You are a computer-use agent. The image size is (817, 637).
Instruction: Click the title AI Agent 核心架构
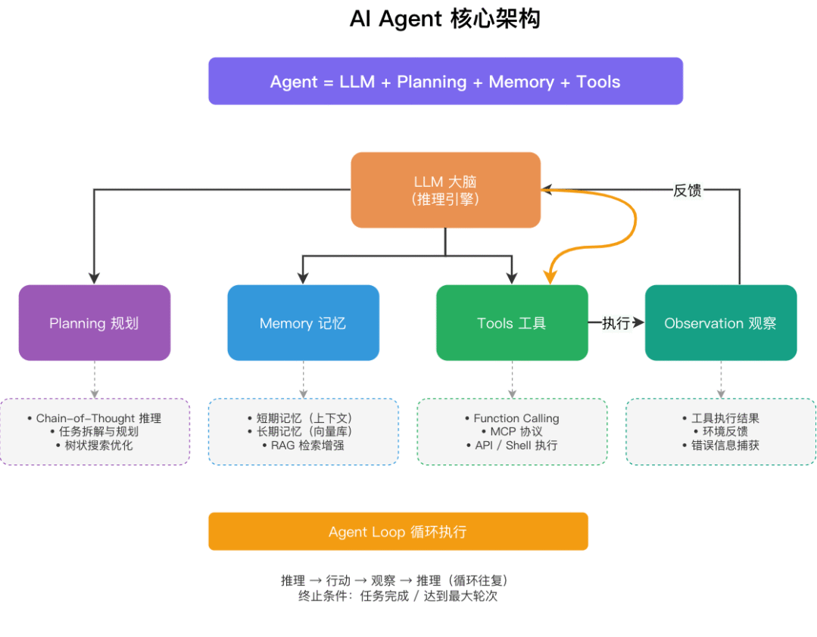click(444, 19)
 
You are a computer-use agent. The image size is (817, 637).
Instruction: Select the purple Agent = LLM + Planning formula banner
click(445, 81)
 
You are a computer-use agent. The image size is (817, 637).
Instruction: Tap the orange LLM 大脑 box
click(445, 190)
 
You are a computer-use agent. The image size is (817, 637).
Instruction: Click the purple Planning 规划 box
click(94, 323)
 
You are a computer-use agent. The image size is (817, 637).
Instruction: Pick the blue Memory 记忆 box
click(303, 323)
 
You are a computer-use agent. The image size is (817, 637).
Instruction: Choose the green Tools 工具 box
click(512, 323)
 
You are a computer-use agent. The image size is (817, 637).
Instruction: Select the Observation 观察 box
click(720, 323)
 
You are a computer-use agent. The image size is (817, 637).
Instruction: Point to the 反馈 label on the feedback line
click(687, 191)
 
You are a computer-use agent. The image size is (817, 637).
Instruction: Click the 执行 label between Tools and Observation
click(616, 323)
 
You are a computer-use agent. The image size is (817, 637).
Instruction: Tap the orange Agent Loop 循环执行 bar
click(398, 532)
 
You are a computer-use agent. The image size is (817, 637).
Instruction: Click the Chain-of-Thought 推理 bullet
click(98, 418)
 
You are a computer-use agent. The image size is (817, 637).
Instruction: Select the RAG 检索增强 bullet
click(307, 446)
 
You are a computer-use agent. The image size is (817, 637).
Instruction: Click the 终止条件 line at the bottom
click(398, 596)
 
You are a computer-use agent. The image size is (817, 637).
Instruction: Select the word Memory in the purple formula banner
click(521, 82)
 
